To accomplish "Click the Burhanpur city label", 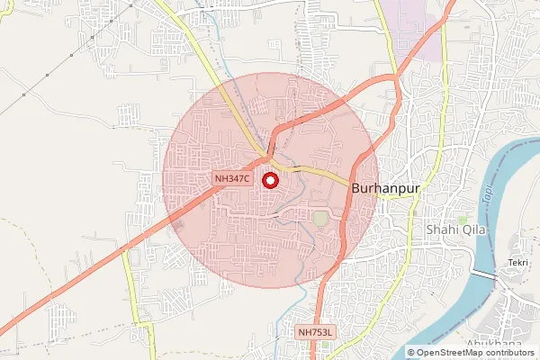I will click(x=387, y=190).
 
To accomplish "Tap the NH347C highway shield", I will click(x=232, y=179).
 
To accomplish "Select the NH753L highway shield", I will click(x=316, y=332).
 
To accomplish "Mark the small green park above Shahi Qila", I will click(x=463, y=220).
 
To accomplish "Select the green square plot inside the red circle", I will click(x=321, y=219).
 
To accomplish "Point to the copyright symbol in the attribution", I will click(x=412, y=353).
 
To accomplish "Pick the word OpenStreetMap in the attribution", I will click(x=449, y=353).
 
